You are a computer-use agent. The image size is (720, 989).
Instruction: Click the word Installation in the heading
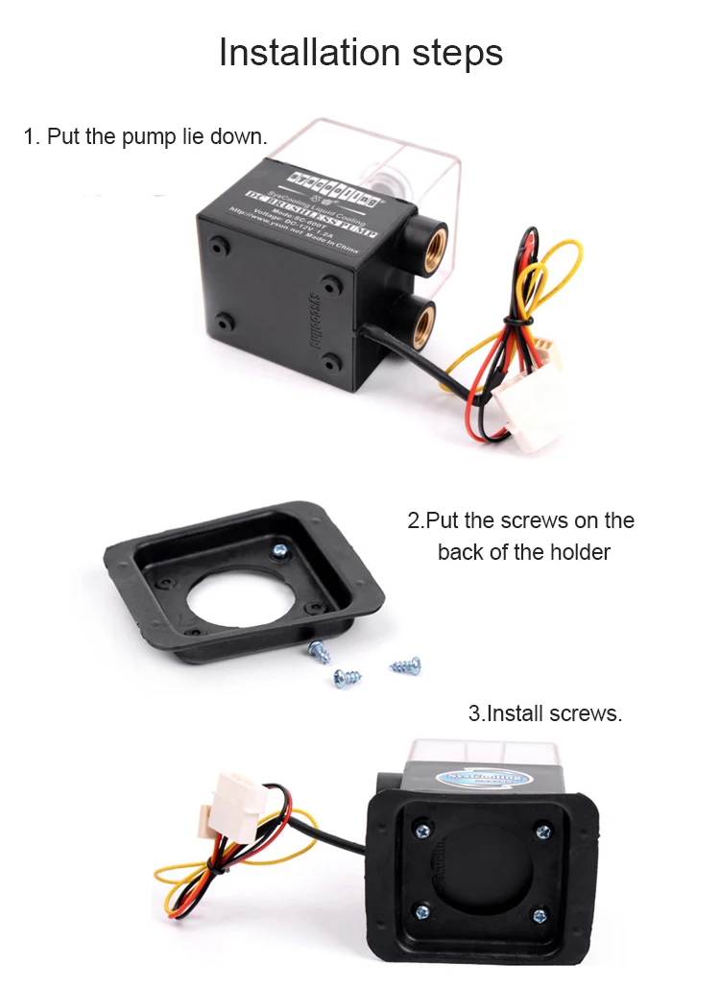click(x=305, y=53)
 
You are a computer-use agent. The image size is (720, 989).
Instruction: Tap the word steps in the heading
click(x=448, y=55)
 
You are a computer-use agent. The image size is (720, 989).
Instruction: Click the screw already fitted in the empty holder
click(x=280, y=550)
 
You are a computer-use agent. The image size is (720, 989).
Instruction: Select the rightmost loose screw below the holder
click(x=406, y=664)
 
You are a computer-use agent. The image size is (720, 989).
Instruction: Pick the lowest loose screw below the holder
click(x=342, y=677)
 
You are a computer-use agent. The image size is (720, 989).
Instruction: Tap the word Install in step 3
click(x=517, y=713)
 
